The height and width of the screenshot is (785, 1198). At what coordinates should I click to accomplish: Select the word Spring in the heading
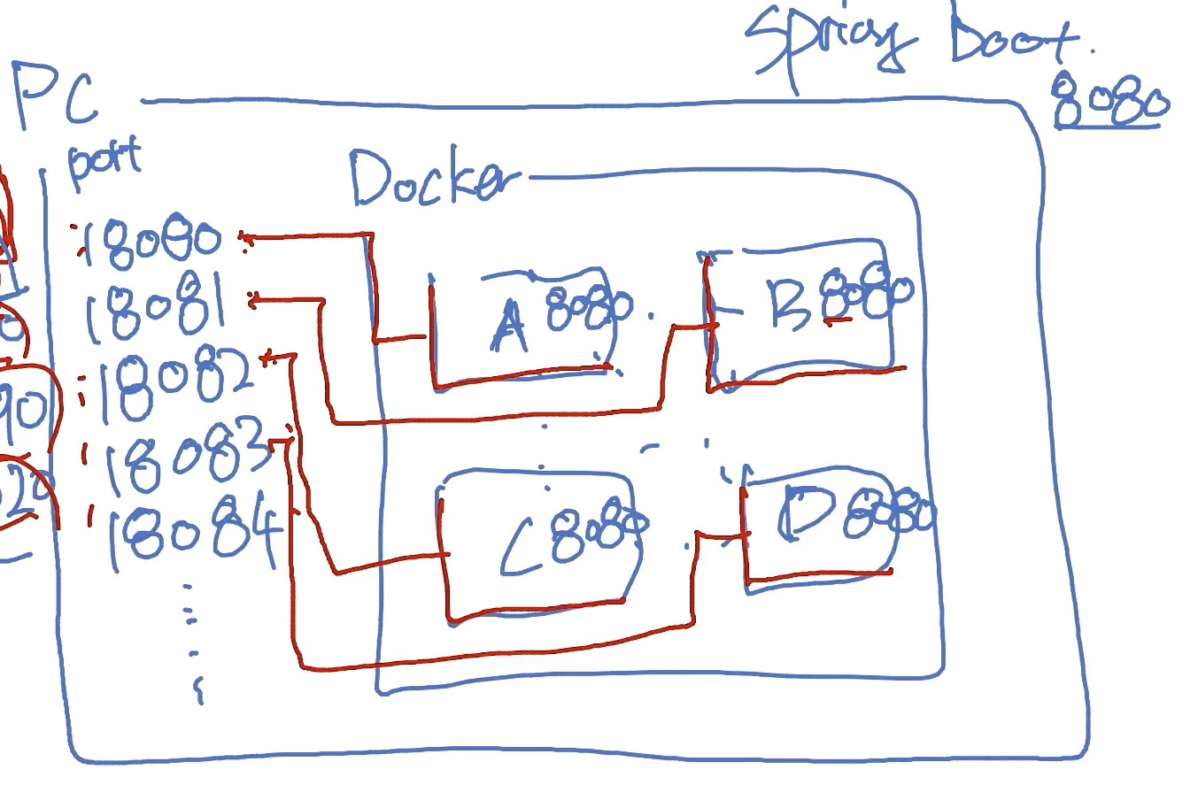coord(828,44)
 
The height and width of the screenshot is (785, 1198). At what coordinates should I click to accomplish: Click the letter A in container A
coord(508,327)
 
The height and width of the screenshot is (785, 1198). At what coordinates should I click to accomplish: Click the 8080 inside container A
coord(586,308)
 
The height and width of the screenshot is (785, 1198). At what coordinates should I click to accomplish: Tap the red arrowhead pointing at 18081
coord(255,302)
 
